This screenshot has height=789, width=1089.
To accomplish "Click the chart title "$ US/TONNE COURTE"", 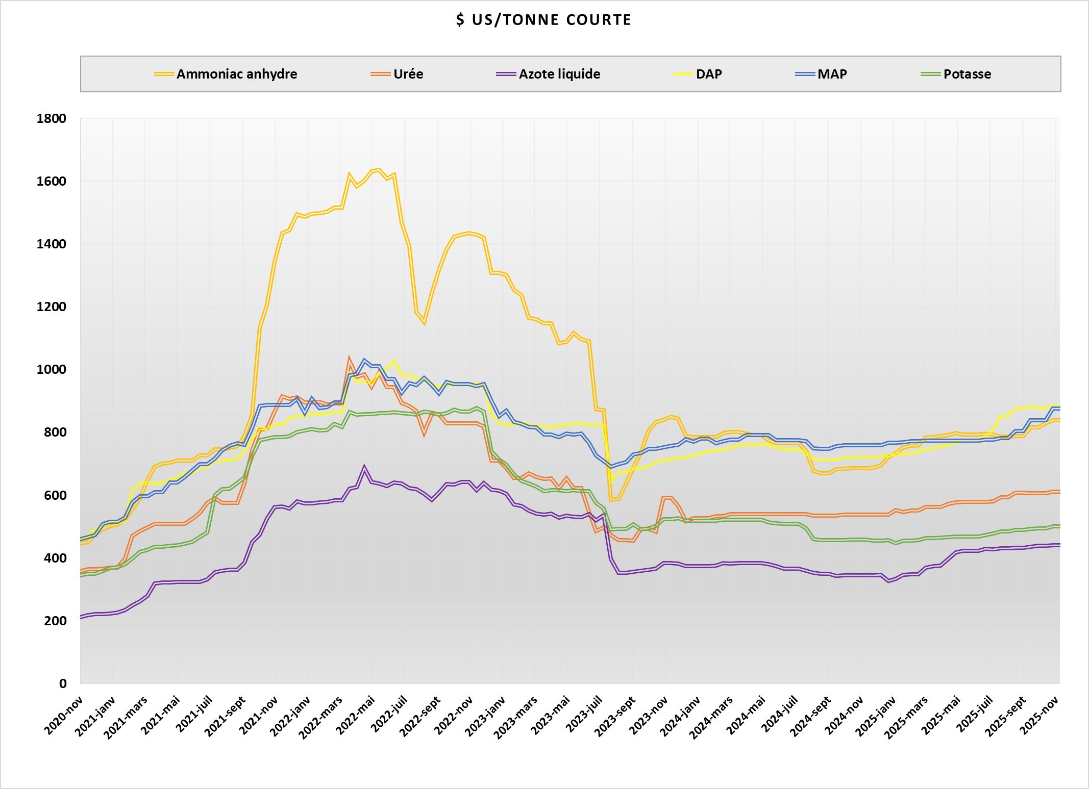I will point(544,20).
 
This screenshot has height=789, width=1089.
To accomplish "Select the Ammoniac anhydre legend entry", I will point(236,74).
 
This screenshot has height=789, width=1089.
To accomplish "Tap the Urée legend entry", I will point(408,74).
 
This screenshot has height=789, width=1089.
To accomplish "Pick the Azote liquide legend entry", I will point(559,74).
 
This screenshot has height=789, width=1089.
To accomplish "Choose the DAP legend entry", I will point(709,74).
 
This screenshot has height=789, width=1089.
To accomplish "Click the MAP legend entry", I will point(832,74).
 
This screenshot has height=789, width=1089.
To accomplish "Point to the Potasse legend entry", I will point(967,74).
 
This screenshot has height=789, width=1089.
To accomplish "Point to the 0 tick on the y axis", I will point(63,683).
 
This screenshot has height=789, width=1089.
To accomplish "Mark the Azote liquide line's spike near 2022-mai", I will point(364,466).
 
